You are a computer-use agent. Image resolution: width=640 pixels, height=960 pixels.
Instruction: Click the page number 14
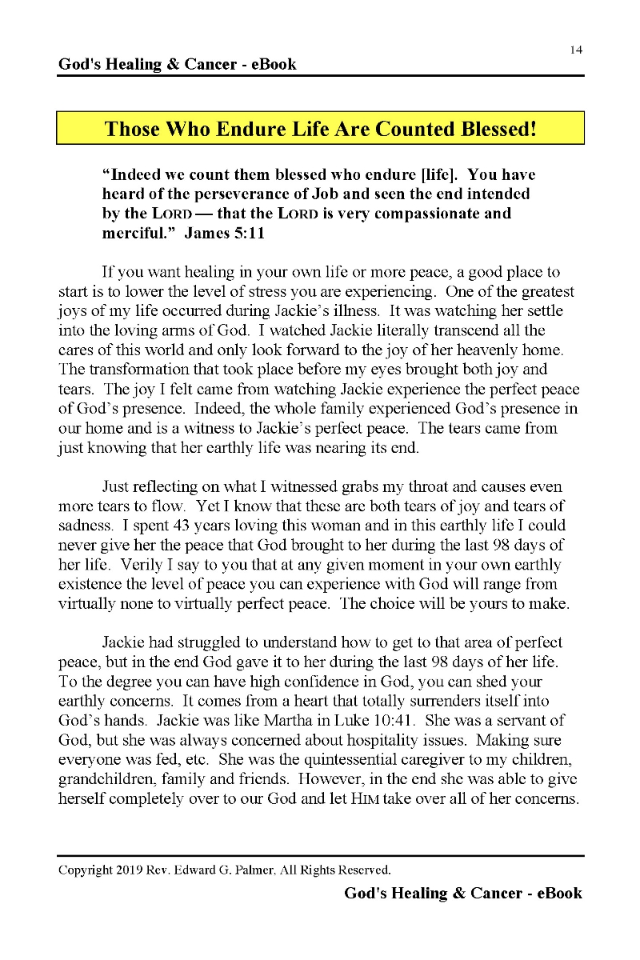pos(576,50)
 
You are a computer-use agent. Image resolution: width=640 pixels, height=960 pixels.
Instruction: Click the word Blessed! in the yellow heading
pos(495,129)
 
